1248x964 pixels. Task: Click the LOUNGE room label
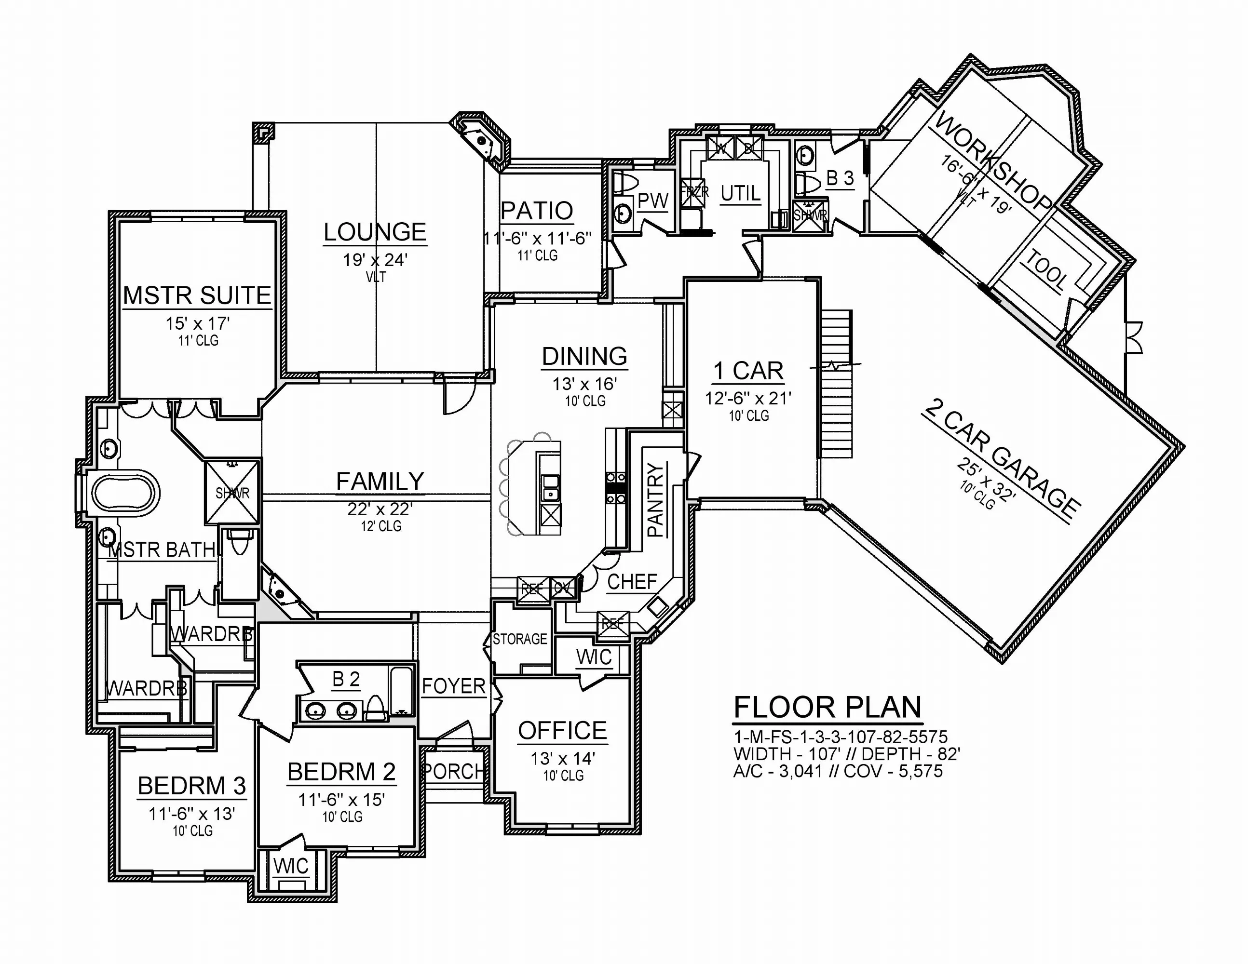coord(375,232)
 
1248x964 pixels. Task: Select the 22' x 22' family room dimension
coord(380,509)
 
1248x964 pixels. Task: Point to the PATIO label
coord(537,211)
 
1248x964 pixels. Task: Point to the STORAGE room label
coord(520,639)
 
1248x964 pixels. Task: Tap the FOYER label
coord(454,686)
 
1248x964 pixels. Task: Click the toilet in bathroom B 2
coord(375,708)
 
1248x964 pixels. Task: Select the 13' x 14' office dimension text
coord(563,758)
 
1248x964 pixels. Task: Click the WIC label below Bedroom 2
coord(291,866)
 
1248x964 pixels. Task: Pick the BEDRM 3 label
coord(192,786)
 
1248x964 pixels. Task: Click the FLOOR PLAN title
coord(827,707)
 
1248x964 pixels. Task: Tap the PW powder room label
coord(652,201)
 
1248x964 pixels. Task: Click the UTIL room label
coord(740,194)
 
